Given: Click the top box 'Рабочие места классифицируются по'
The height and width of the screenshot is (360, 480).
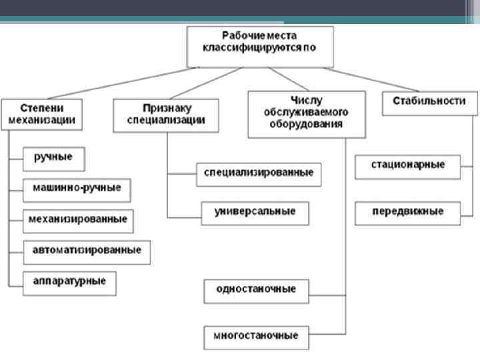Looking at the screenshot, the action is [x=260, y=45].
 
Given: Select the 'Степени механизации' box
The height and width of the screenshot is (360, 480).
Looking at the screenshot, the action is [x=41, y=114].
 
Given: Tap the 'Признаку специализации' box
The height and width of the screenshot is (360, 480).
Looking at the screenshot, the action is [x=165, y=114].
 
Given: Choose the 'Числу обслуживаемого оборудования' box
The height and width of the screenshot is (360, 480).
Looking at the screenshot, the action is [x=307, y=114].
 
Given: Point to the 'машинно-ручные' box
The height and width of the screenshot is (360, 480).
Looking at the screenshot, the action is [x=77, y=189].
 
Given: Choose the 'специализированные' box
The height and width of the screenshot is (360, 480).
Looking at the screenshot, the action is [x=259, y=173].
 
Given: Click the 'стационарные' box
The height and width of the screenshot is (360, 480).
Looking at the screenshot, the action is [x=408, y=165].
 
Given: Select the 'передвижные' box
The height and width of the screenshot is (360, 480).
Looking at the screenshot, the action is [x=408, y=212].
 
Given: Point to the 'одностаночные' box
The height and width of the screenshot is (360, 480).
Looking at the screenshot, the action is [x=257, y=290].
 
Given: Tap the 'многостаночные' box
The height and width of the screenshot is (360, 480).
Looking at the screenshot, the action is [x=257, y=335].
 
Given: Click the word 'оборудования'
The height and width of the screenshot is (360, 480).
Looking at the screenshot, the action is [x=307, y=125].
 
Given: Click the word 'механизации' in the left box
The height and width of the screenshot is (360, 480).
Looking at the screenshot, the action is [x=41, y=121].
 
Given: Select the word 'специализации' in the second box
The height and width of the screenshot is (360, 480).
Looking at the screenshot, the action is [x=165, y=121].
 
